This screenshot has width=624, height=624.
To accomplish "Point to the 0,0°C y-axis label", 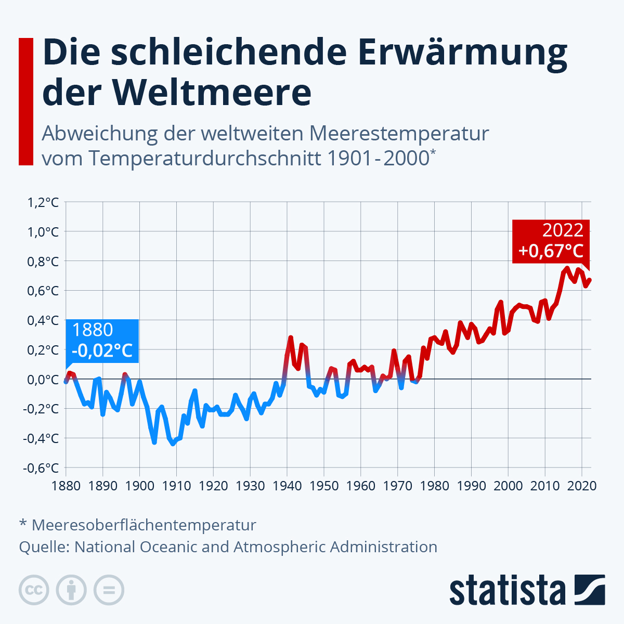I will tap(43, 379).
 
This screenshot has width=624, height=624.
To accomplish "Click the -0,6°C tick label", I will tap(41, 467).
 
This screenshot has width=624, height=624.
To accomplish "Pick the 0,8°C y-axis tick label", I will tap(43, 261).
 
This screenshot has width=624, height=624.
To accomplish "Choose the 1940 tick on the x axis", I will tap(287, 486).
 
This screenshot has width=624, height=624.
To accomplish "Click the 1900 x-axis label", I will tap(140, 486).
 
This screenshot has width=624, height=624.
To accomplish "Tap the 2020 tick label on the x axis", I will tap(581, 486).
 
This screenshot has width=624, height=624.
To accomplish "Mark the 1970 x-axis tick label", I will tap(397, 486).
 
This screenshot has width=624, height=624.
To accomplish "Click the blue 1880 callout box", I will tap(102, 340).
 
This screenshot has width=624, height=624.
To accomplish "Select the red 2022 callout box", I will tap(551, 241).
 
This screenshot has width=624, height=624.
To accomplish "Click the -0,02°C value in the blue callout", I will tap(102, 350).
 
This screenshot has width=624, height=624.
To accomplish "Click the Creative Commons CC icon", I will tap(34, 590).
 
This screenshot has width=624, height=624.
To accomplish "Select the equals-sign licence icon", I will tap(109, 590).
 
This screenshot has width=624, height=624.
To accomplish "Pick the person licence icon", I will tap(71, 590).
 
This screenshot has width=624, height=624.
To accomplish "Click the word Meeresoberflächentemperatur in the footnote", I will tap(144, 525).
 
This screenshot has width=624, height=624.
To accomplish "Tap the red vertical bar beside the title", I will tap(26, 101).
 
